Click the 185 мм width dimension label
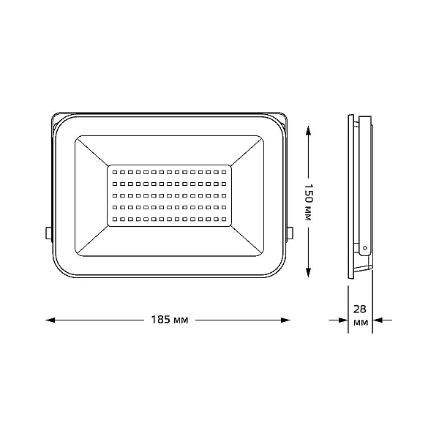(170, 320)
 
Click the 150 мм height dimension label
(308, 202)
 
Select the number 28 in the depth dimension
(360, 309)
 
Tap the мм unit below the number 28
(361, 323)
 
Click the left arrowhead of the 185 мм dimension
(50, 320)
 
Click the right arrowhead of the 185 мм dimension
(285, 320)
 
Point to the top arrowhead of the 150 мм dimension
(308, 131)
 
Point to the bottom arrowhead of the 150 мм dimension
(308, 272)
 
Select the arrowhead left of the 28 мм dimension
(344, 320)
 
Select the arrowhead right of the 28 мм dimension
(378, 320)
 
